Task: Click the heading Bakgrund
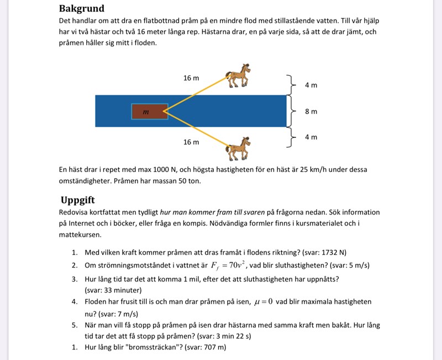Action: click(81, 9)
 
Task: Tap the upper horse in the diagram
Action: click(239, 76)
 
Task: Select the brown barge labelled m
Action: click(149, 112)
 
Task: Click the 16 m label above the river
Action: click(191, 78)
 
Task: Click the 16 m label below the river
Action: click(191, 142)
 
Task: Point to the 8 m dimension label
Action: click(311, 111)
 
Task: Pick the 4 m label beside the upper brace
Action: click(311, 85)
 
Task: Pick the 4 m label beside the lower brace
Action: click(311, 137)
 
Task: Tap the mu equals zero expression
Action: click(263, 302)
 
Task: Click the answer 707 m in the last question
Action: click(213, 347)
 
